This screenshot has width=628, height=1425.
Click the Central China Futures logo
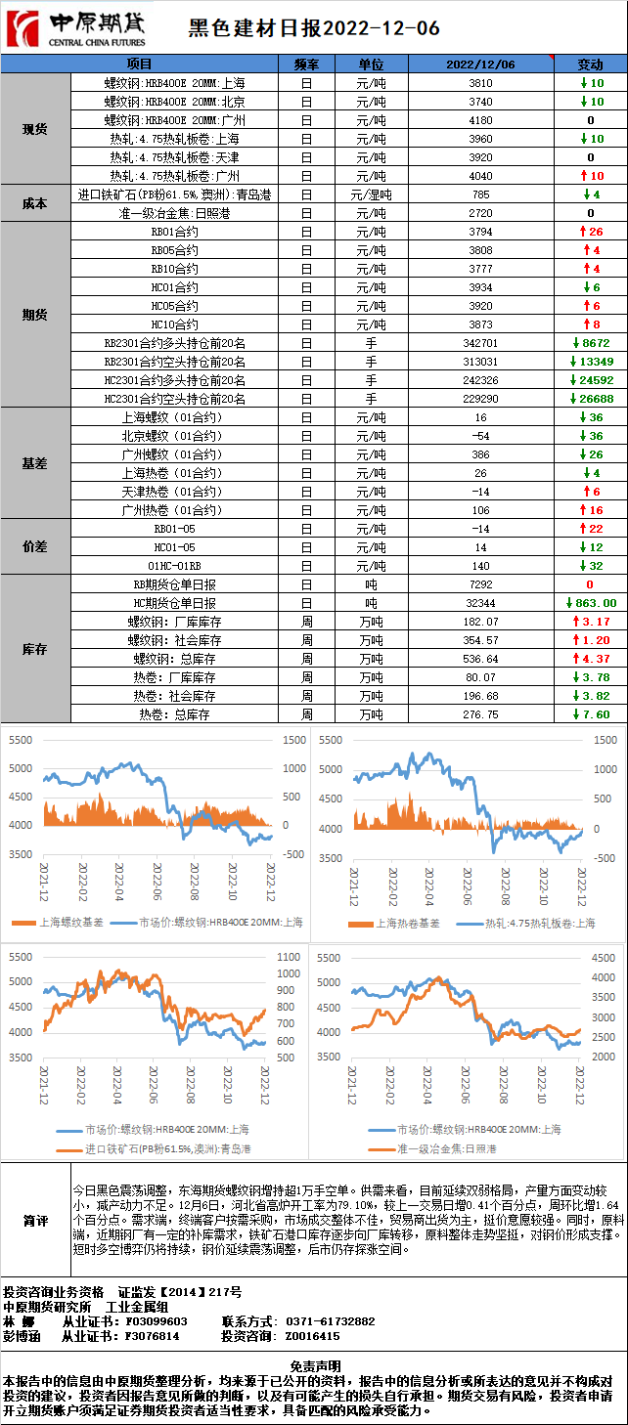click(x=76, y=28)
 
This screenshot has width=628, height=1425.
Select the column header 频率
click(x=306, y=64)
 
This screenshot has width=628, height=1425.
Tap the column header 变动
click(x=591, y=64)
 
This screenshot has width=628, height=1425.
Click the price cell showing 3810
click(x=480, y=83)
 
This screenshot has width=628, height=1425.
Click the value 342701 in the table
click(x=480, y=343)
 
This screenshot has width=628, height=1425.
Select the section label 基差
click(x=35, y=463)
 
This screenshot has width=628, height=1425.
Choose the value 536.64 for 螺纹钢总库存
click(x=480, y=659)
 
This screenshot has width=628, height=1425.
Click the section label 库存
click(x=35, y=650)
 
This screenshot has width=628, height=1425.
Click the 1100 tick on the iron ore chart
click(x=289, y=957)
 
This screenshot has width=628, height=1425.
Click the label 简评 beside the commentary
click(x=36, y=1221)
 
